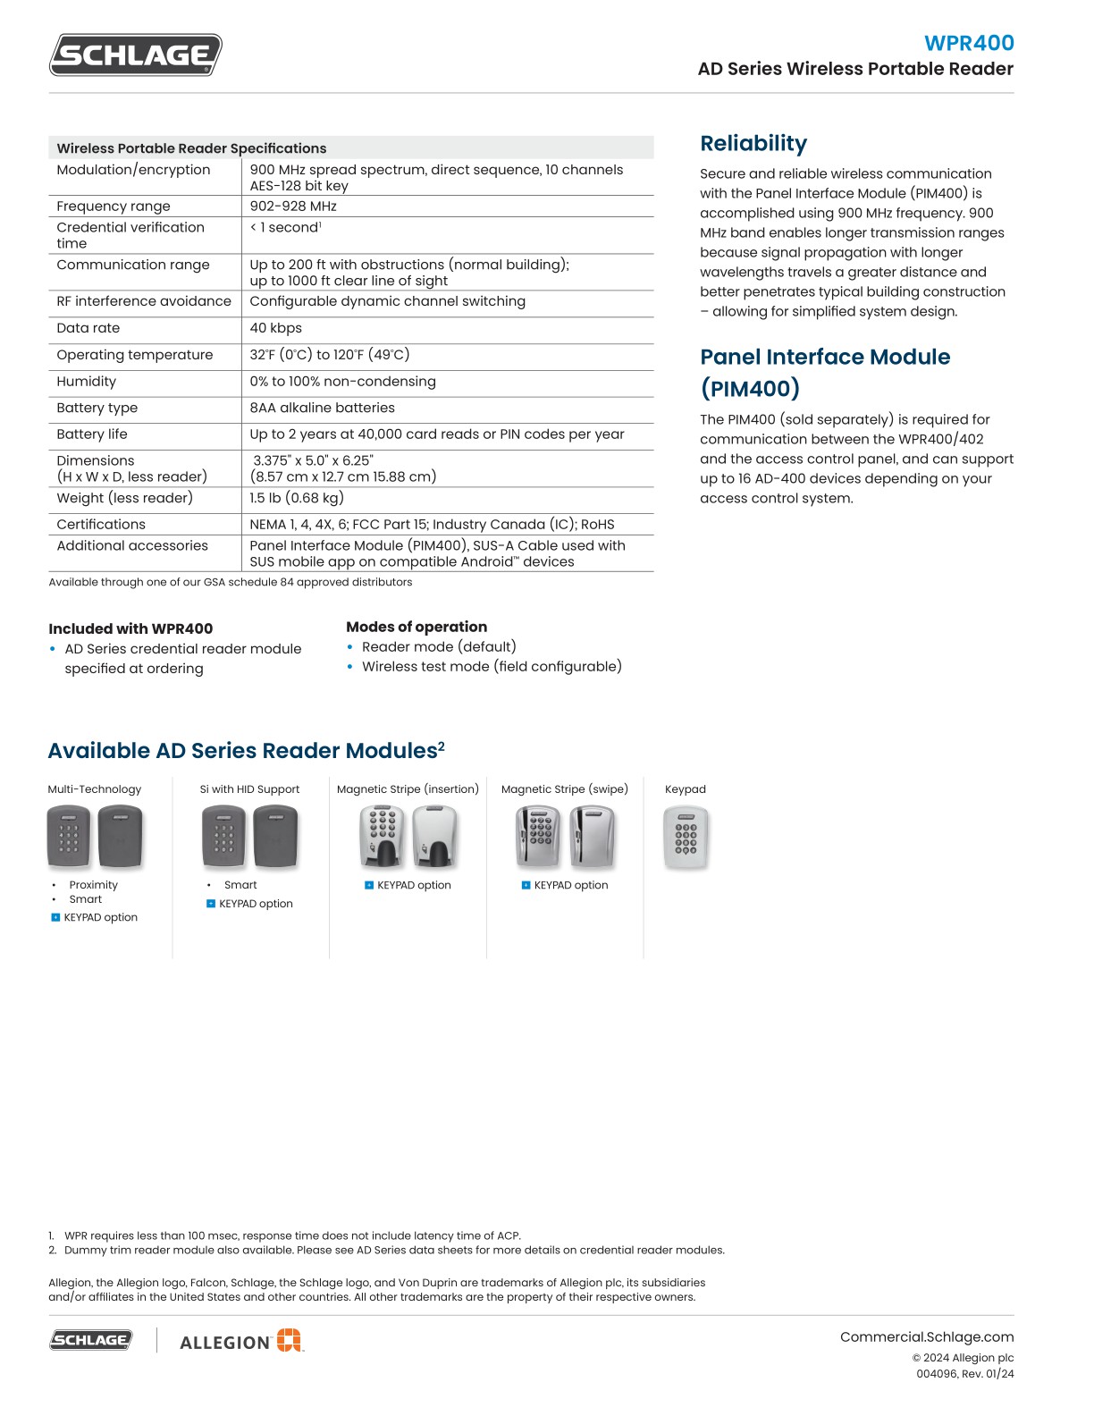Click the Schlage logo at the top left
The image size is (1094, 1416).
tap(135, 55)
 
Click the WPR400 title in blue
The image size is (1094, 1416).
tap(969, 43)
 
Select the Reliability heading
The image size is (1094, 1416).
tap(753, 144)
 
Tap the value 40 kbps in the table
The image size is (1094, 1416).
tap(276, 328)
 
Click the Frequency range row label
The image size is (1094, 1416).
tap(114, 206)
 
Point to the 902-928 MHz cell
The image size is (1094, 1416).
tap(293, 206)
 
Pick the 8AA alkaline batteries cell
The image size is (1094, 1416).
tap(322, 408)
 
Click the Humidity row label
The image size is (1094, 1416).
tap(87, 382)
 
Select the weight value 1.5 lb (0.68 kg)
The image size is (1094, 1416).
tap(297, 498)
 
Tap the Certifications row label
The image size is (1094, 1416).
tap(101, 525)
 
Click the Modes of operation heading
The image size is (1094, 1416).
tap(417, 627)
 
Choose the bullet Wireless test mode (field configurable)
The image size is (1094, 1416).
tap(492, 667)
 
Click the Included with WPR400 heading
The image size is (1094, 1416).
tap(130, 628)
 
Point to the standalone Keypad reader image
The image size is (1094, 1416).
tap(686, 838)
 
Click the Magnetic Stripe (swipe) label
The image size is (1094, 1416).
tap(564, 789)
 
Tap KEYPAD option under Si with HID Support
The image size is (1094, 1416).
tap(256, 904)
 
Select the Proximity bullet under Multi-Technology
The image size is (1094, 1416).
tap(93, 885)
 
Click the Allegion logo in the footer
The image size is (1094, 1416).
tap(241, 1341)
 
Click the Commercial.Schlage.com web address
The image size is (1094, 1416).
tap(926, 1337)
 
